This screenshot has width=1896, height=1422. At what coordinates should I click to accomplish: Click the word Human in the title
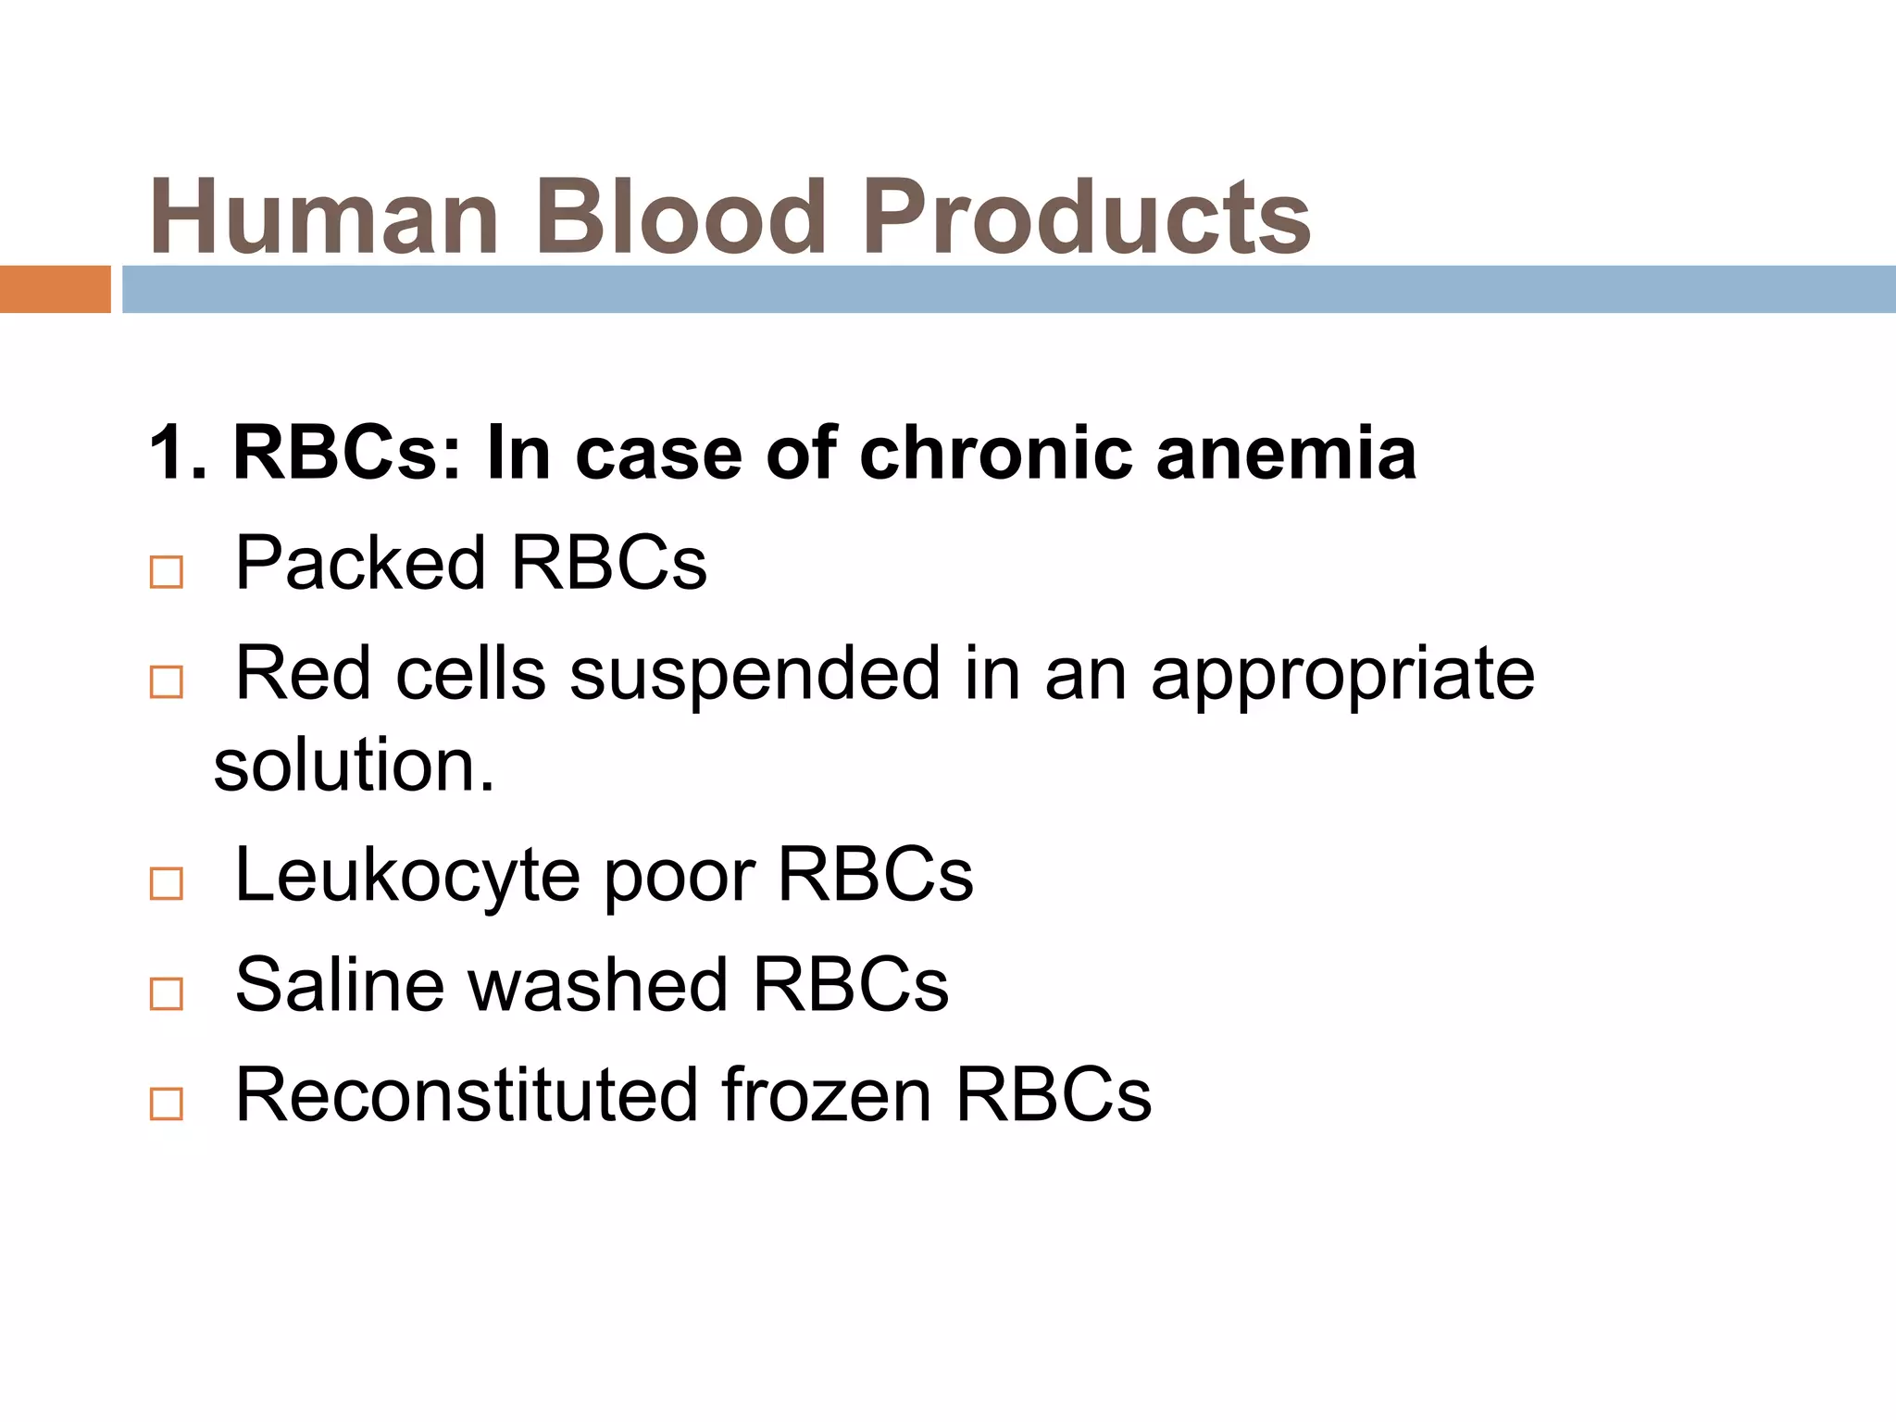click(x=325, y=218)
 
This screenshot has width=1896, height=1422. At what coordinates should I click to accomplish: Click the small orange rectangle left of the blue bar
click(x=55, y=289)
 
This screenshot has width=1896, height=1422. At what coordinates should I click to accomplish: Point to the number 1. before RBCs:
click(x=178, y=454)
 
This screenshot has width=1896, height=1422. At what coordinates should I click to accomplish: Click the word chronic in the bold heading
click(x=996, y=454)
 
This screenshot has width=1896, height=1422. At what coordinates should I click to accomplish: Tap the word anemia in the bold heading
click(x=1286, y=454)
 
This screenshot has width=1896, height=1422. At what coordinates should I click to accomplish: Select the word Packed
click(x=360, y=563)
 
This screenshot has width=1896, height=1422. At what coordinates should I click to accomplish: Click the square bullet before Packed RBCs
click(x=167, y=572)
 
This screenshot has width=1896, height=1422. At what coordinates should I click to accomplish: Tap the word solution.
click(x=354, y=767)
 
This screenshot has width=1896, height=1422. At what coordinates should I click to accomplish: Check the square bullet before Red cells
click(x=167, y=682)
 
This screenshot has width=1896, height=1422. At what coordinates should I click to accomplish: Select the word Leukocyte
click(x=407, y=876)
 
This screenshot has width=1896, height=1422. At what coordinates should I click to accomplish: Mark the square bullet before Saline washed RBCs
click(x=167, y=993)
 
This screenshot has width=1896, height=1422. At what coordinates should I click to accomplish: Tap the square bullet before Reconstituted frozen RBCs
click(x=167, y=1104)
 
